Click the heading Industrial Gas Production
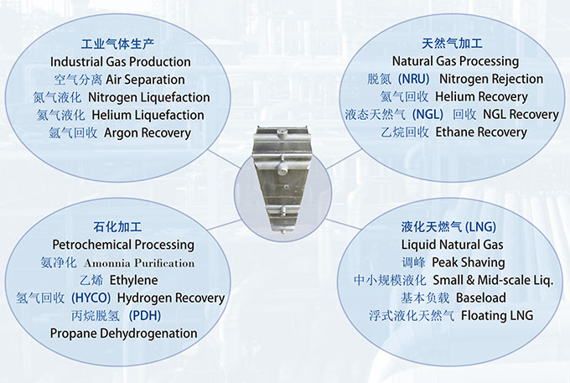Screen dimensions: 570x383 121,62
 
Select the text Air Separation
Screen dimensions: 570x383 145,80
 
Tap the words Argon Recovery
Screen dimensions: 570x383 148,133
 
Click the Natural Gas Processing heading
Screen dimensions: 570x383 455,61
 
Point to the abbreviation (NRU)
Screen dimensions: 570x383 414,79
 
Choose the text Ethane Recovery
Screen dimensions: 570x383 481,132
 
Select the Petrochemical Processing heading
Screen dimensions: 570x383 123,245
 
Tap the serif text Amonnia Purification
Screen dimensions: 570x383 139,263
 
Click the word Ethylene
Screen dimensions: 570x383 134,280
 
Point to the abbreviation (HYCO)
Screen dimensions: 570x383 91,298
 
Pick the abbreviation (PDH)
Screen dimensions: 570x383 145,315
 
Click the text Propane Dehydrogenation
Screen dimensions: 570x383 123,334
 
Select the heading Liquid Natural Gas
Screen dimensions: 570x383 452,245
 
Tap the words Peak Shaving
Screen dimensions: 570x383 469,262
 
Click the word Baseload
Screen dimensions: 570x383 481,298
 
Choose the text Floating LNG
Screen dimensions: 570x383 497,315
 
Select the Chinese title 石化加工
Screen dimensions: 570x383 117,227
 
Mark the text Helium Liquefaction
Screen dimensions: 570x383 148,115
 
